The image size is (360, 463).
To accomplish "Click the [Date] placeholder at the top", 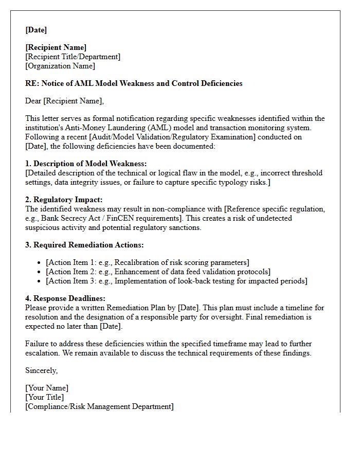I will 36,30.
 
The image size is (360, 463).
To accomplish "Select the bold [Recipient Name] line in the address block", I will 56,47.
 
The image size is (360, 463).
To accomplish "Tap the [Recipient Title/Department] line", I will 73,57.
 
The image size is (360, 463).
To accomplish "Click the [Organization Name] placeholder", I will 60,66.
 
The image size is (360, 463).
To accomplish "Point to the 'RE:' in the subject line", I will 32,83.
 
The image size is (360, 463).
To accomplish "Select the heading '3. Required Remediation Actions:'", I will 84,245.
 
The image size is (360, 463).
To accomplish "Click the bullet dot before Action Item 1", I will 40,263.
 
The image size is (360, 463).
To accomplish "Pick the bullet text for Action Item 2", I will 158,272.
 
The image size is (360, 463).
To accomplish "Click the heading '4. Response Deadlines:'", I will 65,298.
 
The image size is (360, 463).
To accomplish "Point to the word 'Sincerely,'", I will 42,370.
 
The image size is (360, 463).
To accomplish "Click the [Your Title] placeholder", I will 45,397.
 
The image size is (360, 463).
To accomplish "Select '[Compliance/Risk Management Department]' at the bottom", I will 99,406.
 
